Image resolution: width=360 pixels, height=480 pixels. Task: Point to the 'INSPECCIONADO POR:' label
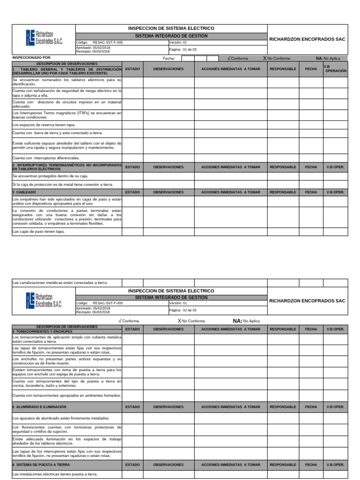[x=31, y=57]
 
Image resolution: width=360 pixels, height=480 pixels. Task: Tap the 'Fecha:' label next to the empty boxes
[x=169, y=59]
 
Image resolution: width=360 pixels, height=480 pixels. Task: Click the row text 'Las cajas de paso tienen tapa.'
[x=38, y=232]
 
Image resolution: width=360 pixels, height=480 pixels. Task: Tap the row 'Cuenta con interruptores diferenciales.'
[x=46, y=158]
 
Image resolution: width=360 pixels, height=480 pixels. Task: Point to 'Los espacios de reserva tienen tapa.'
[x=44, y=125]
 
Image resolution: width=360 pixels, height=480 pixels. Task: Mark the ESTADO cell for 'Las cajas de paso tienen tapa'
[x=133, y=232]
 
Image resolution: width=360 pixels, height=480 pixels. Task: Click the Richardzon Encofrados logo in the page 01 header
[x=44, y=37]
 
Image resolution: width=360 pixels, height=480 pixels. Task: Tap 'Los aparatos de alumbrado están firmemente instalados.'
[x=61, y=418]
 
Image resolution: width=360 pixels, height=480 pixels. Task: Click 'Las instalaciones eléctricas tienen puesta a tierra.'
[x=55, y=474]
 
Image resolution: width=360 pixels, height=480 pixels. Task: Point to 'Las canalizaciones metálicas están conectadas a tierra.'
[x=60, y=283]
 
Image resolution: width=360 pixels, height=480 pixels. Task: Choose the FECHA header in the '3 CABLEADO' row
[x=311, y=192]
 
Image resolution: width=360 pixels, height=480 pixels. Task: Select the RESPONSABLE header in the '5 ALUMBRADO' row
[x=283, y=407]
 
